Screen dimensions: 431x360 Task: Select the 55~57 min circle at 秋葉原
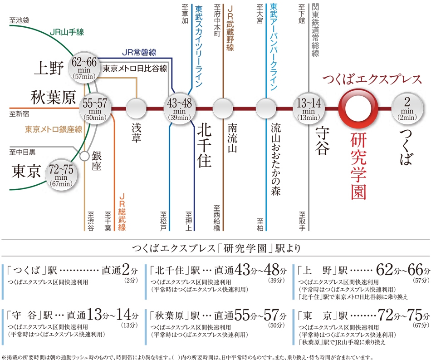(x=95, y=109)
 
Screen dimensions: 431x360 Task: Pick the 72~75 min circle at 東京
(x=61, y=175)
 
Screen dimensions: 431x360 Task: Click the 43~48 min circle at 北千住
(x=180, y=109)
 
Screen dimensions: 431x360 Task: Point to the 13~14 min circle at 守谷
(x=309, y=109)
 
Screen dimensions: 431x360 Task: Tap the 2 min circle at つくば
(x=407, y=109)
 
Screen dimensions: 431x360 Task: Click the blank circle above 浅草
(x=137, y=108)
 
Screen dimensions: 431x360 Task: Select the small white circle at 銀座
(x=85, y=156)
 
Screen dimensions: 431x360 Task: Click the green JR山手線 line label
(x=67, y=32)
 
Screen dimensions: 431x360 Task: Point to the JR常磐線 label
(x=139, y=52)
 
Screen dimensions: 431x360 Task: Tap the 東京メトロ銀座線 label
(x=54, y=129)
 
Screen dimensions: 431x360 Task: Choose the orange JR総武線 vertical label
(x=122, y=212)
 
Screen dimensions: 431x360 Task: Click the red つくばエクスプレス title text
(x=372, y=79)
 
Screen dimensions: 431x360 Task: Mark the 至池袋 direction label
(x=19, y=20)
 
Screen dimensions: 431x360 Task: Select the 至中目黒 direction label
(x=23, y=152)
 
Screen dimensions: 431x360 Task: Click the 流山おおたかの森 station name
(x=276, y=159)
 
